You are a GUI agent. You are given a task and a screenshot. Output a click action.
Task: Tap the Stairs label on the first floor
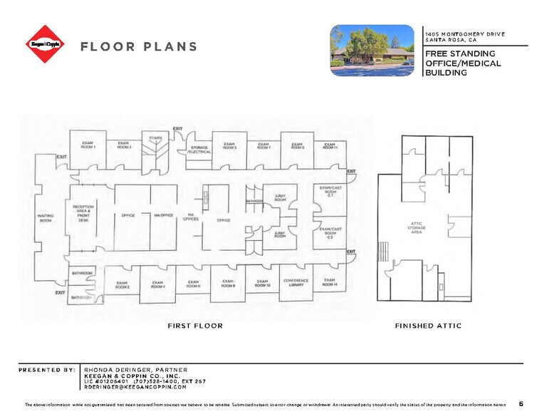[156, 138]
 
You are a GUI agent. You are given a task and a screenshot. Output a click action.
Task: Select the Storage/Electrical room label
[198, 150]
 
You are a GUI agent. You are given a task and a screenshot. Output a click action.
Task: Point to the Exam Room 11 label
[330, 146]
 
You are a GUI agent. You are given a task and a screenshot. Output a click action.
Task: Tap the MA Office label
[163, 215]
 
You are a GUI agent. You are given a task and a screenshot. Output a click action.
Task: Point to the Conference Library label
[296, 282]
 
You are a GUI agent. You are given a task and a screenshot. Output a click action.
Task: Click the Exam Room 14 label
[329, 282]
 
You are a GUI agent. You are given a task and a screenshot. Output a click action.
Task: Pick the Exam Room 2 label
[123, 285]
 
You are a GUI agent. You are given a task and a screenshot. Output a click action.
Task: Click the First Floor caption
[195, 326]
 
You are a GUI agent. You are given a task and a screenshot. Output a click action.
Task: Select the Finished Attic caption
[428, 326]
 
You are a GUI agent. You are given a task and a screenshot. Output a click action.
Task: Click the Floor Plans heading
[139, 47]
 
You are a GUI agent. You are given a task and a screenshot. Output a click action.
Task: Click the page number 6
[521, 404]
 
